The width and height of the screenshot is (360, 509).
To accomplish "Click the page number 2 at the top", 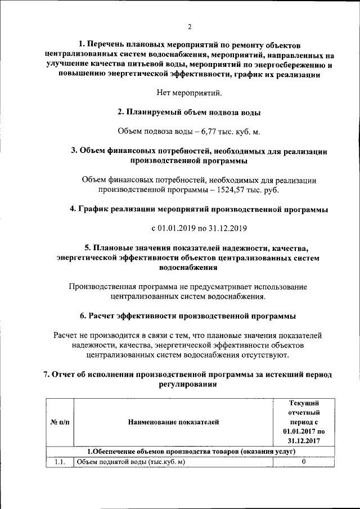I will (190, 27).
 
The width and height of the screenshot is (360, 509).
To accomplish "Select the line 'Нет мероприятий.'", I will (189, 93).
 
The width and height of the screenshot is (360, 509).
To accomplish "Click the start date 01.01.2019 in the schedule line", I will (180, 228).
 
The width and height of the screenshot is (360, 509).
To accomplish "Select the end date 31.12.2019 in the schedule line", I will (228, 228).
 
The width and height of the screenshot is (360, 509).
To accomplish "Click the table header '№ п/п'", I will (60, 421).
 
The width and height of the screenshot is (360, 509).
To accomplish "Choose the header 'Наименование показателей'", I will (173, 421).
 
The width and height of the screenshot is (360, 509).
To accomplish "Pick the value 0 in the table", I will (304, 462).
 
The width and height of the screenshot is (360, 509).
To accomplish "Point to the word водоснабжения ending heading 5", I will (189, 268).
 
